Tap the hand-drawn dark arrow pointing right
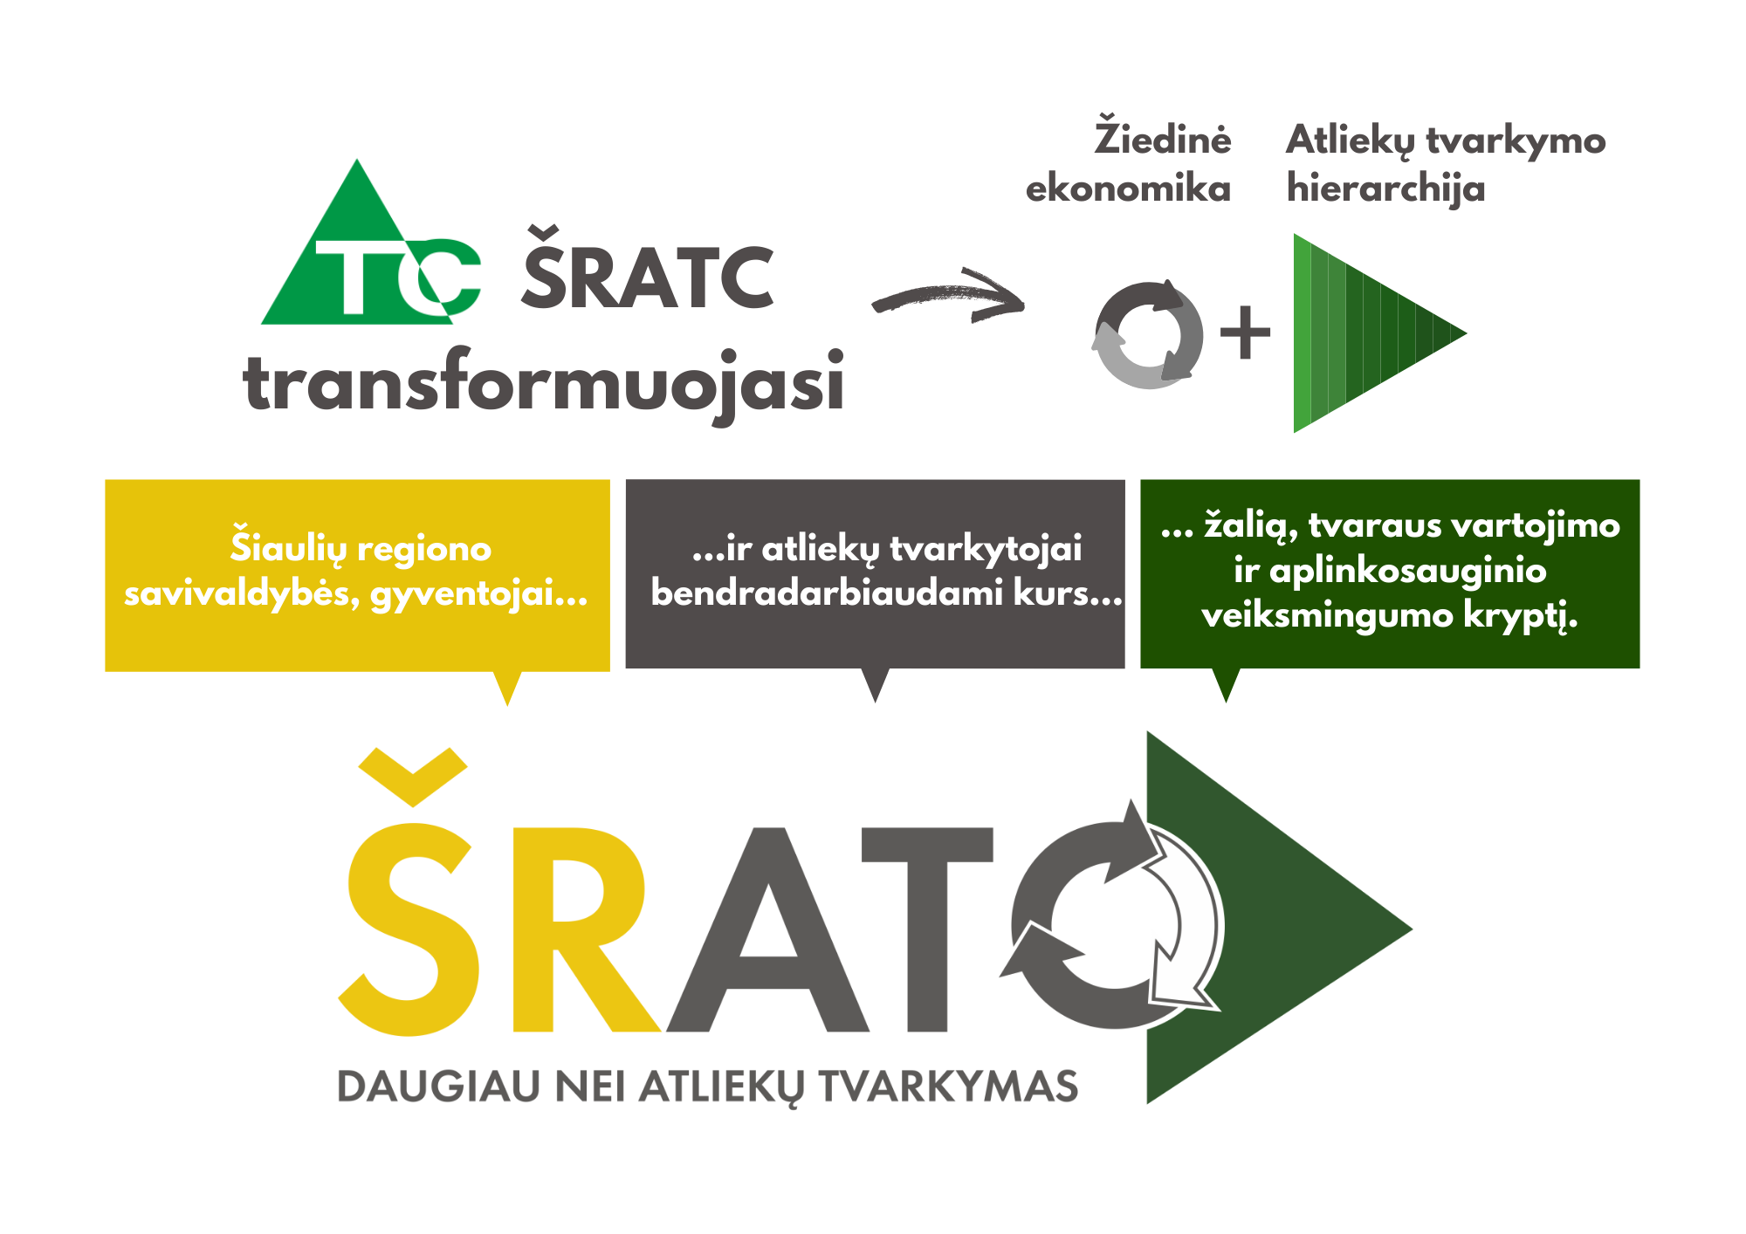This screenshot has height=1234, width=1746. click(x=949, y=295)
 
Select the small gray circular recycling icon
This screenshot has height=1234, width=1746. click(x=1147, y=334)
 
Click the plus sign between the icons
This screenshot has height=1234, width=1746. click(x=1245, y=332)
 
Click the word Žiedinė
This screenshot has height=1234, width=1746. click(x=1163, y=137)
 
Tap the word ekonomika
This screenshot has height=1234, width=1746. click(x=1128, y=189)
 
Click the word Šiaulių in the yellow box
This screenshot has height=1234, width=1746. click(x=287, y=547)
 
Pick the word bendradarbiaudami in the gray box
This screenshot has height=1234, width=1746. click(x=827, y=593)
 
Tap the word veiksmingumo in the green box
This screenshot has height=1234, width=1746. click(x=1327, y=616)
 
